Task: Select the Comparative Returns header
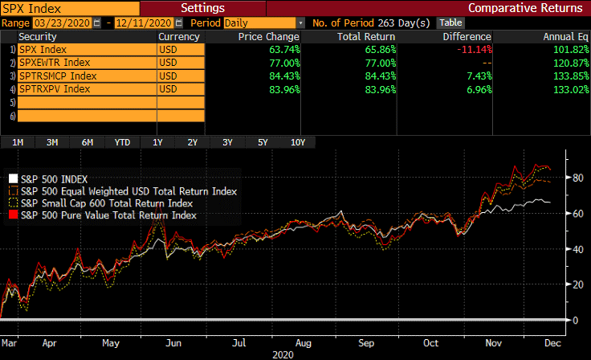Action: tap(536, 8)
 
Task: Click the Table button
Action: tap(450, 22)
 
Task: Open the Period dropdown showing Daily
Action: tap(264, 22)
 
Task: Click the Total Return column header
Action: tap(368, 37)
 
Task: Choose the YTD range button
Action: tap(122, 142)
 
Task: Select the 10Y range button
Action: tap(297, 142)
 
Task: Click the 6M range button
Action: tap(87, 142)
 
